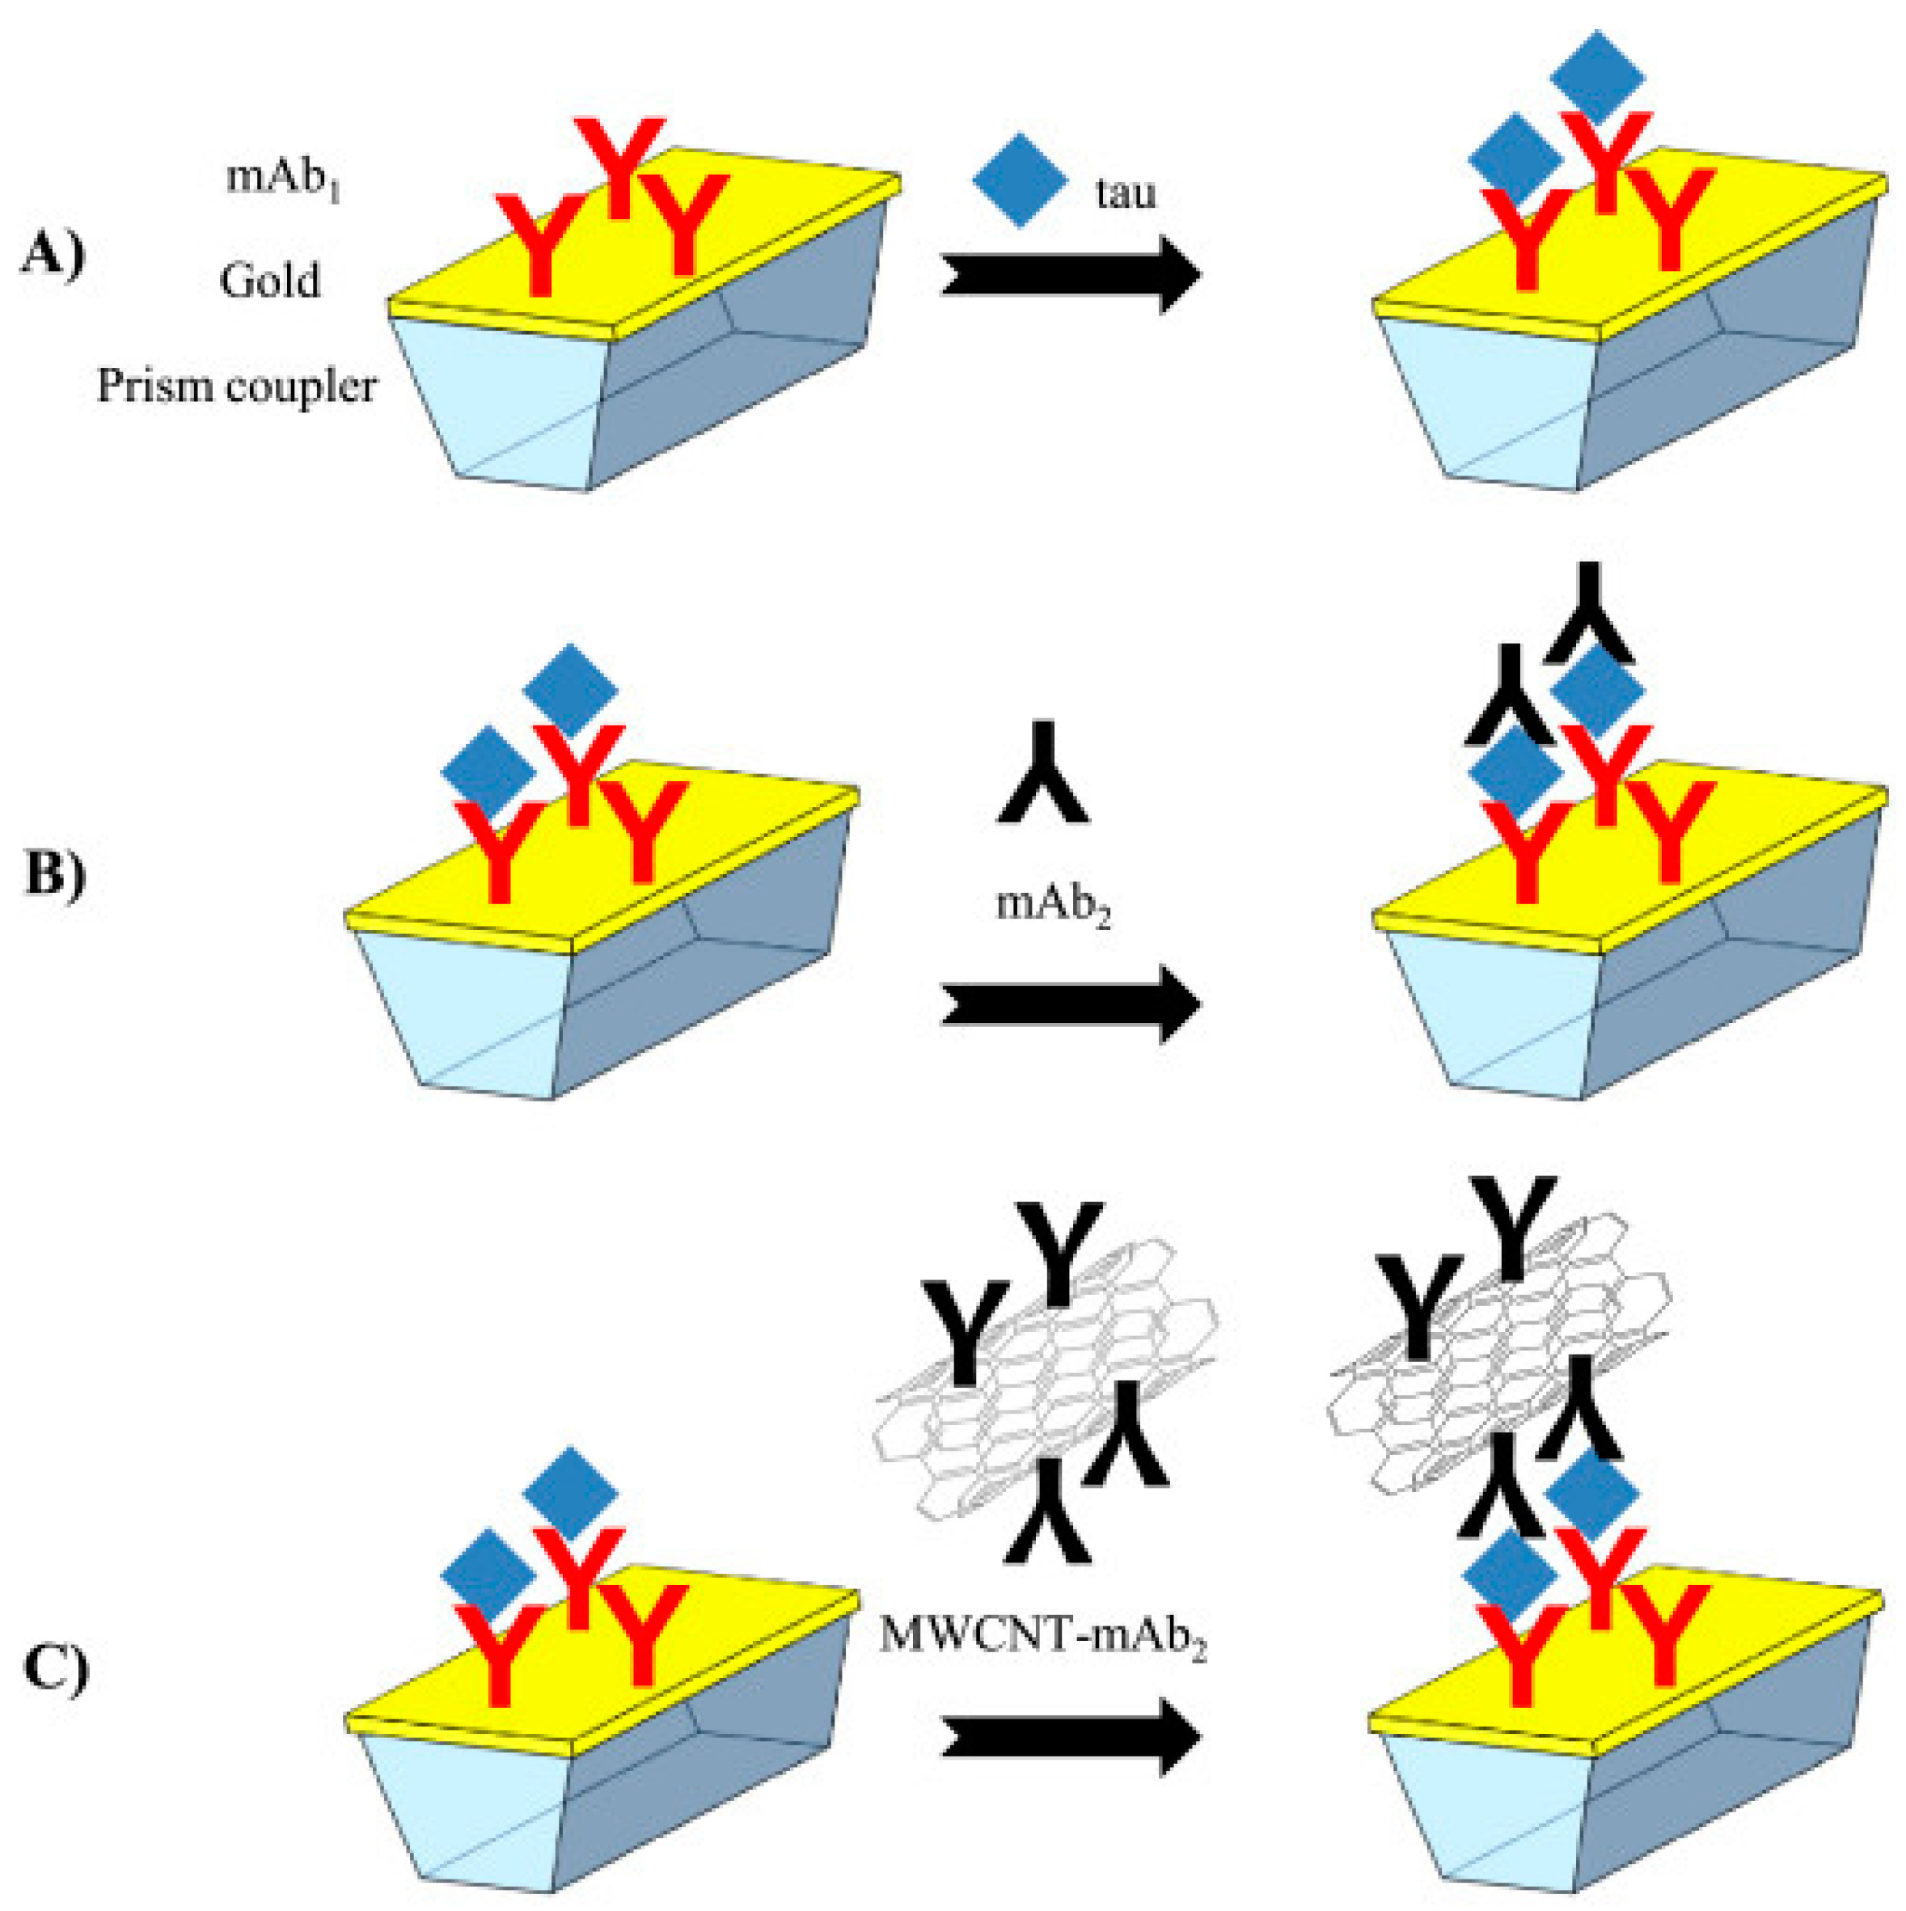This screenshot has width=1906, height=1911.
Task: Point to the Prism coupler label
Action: [x=236, y=386]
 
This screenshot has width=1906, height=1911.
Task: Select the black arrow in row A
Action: [x=1071, y=274]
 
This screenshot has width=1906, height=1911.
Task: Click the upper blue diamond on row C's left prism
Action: [x=571, y=1493]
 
